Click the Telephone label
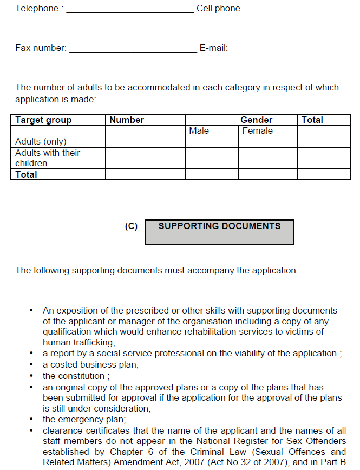pos(36,9)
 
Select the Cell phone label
pos(218,9)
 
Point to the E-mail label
pos(214,48)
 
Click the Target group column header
pos(43,120)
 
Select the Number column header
pos(127,120)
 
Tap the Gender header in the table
pos(256,120)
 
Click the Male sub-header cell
pos(199,130)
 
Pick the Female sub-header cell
pos(258,130)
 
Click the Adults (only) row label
pos(41,141)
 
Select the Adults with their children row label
pos(48,158)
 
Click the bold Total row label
pos(27,174)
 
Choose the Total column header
pos(312,120)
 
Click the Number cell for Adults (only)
pos(145,141)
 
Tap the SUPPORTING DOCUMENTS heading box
pos(219,232)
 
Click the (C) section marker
pos(131,226)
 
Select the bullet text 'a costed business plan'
pos(90,364)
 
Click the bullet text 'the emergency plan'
pos(81,420)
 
